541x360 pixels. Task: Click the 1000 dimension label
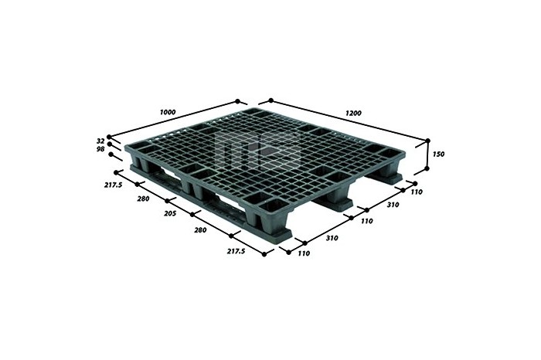point(168,112)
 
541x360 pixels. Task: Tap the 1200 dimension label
point(353,113)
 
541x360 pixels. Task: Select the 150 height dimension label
point(438,155)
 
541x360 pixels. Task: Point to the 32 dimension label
point(100,141)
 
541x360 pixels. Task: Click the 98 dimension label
point(100,149)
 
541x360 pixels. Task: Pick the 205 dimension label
point(170,213)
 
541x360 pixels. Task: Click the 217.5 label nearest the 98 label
point(113,185)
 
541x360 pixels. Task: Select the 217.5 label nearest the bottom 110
point(236,251)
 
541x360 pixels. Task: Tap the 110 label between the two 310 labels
point(367,221)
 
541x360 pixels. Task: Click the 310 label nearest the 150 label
point(393,205)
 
